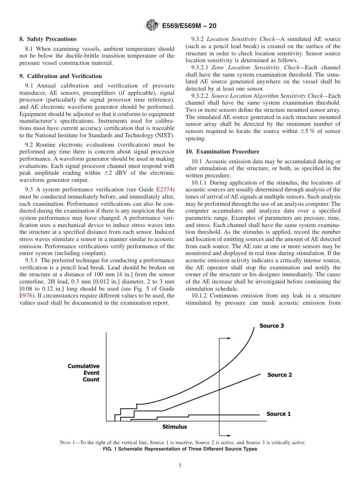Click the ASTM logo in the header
tap(152, 26)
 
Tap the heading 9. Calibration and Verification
tap(60, 76)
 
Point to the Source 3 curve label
tap(271, 326)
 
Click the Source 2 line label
tap(280, 375)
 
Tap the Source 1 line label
tap(279, 414)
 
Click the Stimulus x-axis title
tap(175, 427)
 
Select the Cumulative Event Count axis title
tap(84, 373)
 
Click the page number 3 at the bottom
tap(180, 466)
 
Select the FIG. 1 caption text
tap(180, 449)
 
